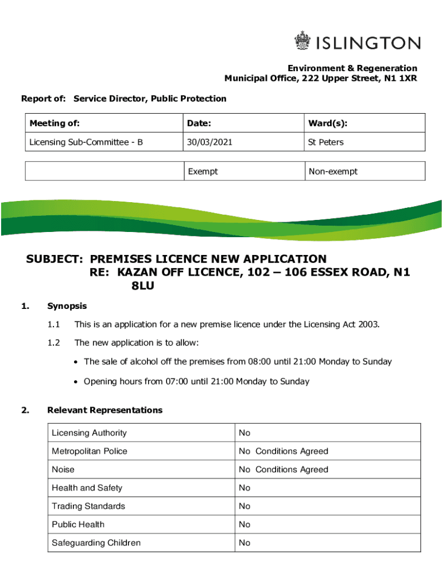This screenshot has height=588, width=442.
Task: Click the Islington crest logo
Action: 301,42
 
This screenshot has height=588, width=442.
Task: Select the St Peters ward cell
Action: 325,142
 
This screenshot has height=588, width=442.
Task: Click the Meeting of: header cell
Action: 55,123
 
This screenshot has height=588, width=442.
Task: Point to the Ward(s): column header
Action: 327,123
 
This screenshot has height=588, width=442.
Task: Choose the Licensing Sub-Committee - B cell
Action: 86,142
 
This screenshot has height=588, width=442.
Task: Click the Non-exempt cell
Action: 333,171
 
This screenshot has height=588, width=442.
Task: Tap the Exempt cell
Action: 203,171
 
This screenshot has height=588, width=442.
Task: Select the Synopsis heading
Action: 67,306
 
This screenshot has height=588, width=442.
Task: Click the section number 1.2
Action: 54,343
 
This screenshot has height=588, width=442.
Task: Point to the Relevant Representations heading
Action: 105,410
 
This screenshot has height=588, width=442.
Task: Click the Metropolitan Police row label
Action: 90,451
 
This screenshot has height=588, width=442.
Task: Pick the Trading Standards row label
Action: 88,506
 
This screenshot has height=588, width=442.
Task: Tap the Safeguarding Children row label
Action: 96,543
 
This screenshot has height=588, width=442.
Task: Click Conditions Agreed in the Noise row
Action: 292,469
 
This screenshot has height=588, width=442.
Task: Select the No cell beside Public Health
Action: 245,524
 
